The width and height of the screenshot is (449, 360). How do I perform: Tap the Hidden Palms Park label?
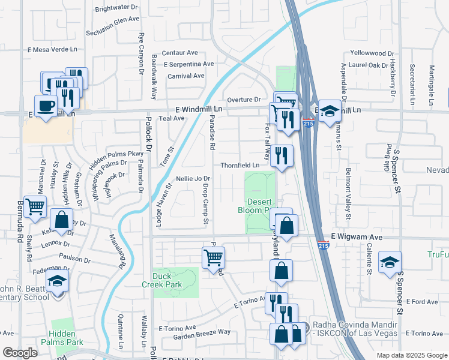pos(64,338)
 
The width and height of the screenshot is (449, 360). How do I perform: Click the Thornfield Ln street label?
pos(241,165)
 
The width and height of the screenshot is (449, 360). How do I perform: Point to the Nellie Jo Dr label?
pos(193,179)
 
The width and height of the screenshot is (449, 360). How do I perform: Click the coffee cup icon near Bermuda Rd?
pos(46,106)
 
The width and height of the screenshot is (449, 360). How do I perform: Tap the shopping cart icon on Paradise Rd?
pos(213,258)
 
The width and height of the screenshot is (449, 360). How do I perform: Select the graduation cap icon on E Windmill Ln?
pos(328,110)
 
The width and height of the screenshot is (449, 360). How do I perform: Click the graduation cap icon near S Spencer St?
pos(390,262)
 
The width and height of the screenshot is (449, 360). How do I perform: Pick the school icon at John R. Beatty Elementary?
pos(57,281)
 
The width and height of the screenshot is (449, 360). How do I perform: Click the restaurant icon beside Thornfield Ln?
pos(281,156)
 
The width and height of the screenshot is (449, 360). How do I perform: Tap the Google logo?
pos(20,353)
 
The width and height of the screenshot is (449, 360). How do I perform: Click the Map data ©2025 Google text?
pos(411,355)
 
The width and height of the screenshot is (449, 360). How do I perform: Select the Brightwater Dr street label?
pos(116,9)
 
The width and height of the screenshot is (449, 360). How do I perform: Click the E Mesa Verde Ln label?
pos(53,50)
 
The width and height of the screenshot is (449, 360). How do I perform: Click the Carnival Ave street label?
pos(186,76)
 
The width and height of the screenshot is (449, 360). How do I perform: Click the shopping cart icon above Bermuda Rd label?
pos(35,206)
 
